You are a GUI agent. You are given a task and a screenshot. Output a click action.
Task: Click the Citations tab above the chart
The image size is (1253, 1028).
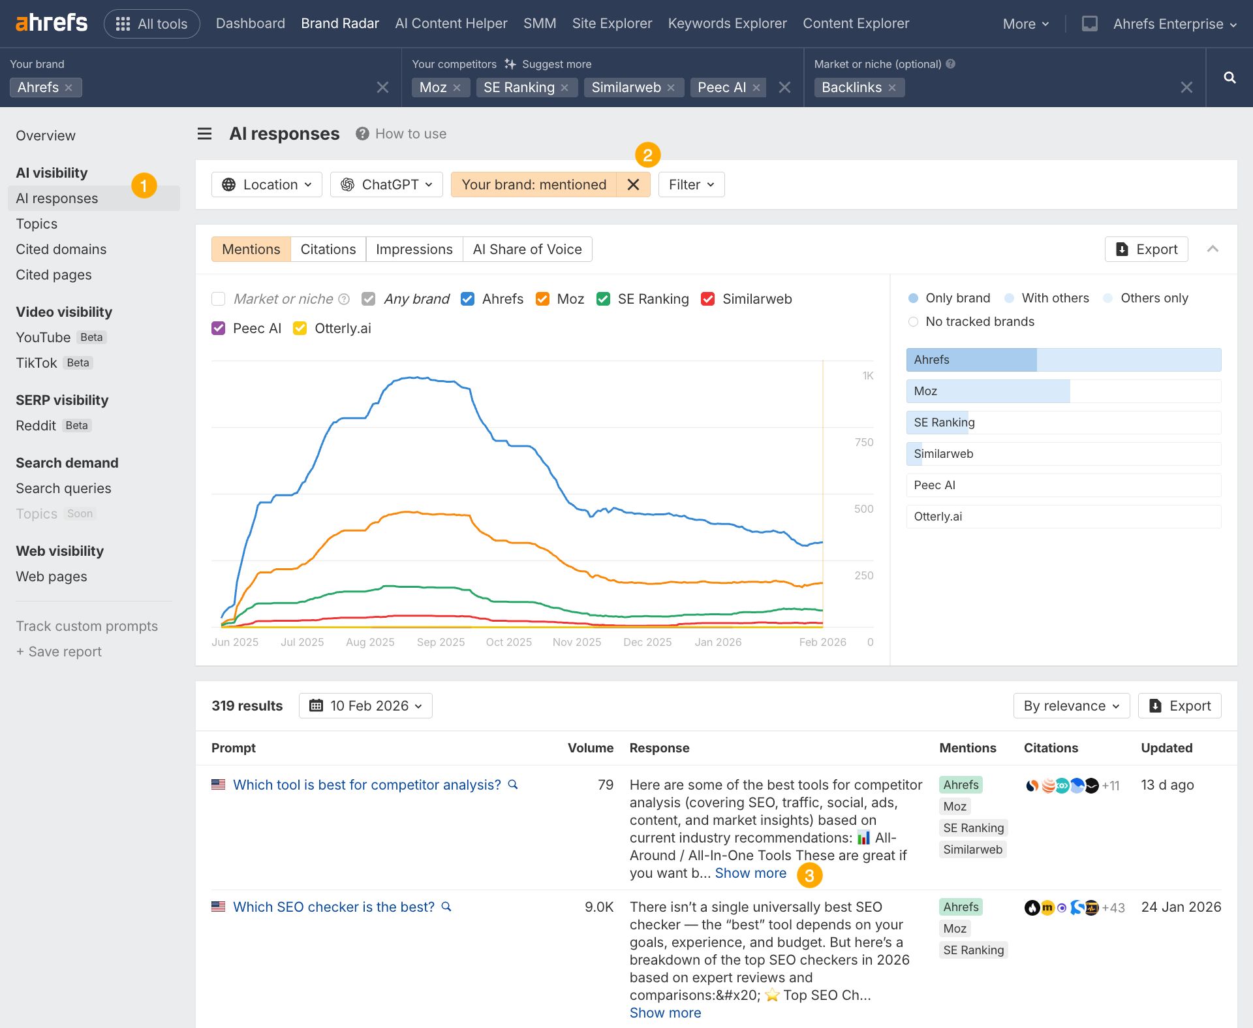[328, 249]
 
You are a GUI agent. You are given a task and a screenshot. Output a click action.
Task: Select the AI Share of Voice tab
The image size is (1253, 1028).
[527, 249]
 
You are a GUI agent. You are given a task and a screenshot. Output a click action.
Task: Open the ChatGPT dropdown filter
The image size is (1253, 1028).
[386, 185]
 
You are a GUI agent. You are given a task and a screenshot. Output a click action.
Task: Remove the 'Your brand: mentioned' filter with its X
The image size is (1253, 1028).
[633, 185]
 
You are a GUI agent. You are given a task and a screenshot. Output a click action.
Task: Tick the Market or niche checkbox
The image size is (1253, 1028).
[219, 299]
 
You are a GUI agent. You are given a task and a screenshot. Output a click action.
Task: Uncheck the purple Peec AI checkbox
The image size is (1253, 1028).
[219, 329]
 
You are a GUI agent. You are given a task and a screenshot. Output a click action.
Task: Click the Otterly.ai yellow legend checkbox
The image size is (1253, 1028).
[300, 329]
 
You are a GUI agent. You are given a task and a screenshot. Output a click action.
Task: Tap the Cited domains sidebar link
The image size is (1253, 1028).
[61, 249]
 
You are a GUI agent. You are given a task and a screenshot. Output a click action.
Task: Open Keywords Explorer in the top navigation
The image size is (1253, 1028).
[727, 24]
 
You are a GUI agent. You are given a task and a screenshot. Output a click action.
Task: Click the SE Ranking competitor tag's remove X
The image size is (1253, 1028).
[565, 88]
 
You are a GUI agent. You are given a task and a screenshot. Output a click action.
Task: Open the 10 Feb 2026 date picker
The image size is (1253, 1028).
[365, 706]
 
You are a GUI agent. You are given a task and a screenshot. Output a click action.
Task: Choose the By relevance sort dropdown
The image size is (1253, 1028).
[1071, 706]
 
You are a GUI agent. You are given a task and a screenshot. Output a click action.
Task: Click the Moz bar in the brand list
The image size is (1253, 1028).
[1063, 391]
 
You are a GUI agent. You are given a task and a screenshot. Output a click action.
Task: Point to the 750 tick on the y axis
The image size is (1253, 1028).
[863, 442]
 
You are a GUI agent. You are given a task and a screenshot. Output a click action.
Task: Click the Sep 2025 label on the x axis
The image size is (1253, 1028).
[441, 642]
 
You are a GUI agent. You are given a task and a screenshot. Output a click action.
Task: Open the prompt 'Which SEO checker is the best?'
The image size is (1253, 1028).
[333, 907]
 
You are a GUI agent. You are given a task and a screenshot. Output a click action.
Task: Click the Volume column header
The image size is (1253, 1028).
[590, 748]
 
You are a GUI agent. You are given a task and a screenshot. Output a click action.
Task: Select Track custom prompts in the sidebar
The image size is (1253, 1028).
[87, 626]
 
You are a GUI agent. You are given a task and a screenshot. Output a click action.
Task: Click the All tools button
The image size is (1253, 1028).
[151, 24]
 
